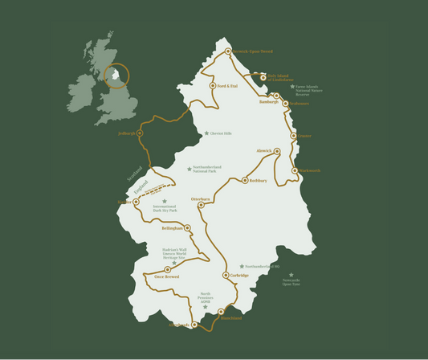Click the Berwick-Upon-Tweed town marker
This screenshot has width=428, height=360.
(228, 51)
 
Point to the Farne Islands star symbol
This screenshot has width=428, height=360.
(292, 86)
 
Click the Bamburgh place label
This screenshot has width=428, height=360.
(268, 102)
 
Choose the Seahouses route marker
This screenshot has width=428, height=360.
(285, 103)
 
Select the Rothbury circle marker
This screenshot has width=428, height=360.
(245, 181)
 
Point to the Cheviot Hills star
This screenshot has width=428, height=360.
(206, 133)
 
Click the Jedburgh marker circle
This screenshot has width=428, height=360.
(140, 133)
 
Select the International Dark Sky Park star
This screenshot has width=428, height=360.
(165, 202)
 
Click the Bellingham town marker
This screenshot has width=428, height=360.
(187, 228)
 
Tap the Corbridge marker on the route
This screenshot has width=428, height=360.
(226, 275)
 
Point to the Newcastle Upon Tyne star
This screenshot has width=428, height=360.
(291, 274)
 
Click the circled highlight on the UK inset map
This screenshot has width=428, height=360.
(117, 76)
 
